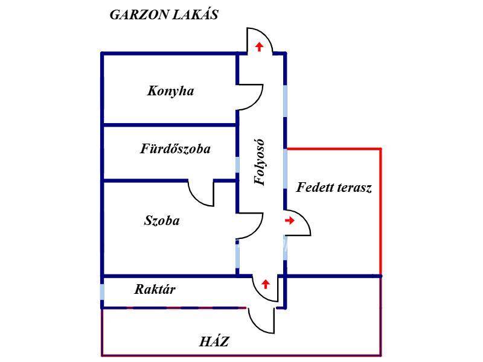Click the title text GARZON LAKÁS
pos(164,16)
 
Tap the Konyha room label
pos(170,91)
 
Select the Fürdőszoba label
pos(175,148)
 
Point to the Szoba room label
pos(162,221)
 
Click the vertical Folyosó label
pos(260,163)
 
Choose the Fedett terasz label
pos(334,188)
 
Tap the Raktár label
pos(155,290)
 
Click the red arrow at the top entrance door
pos(260,46)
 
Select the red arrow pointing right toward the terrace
pos(289,221)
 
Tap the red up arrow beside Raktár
pos(264,283)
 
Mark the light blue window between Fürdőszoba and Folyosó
pos(237,165)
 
